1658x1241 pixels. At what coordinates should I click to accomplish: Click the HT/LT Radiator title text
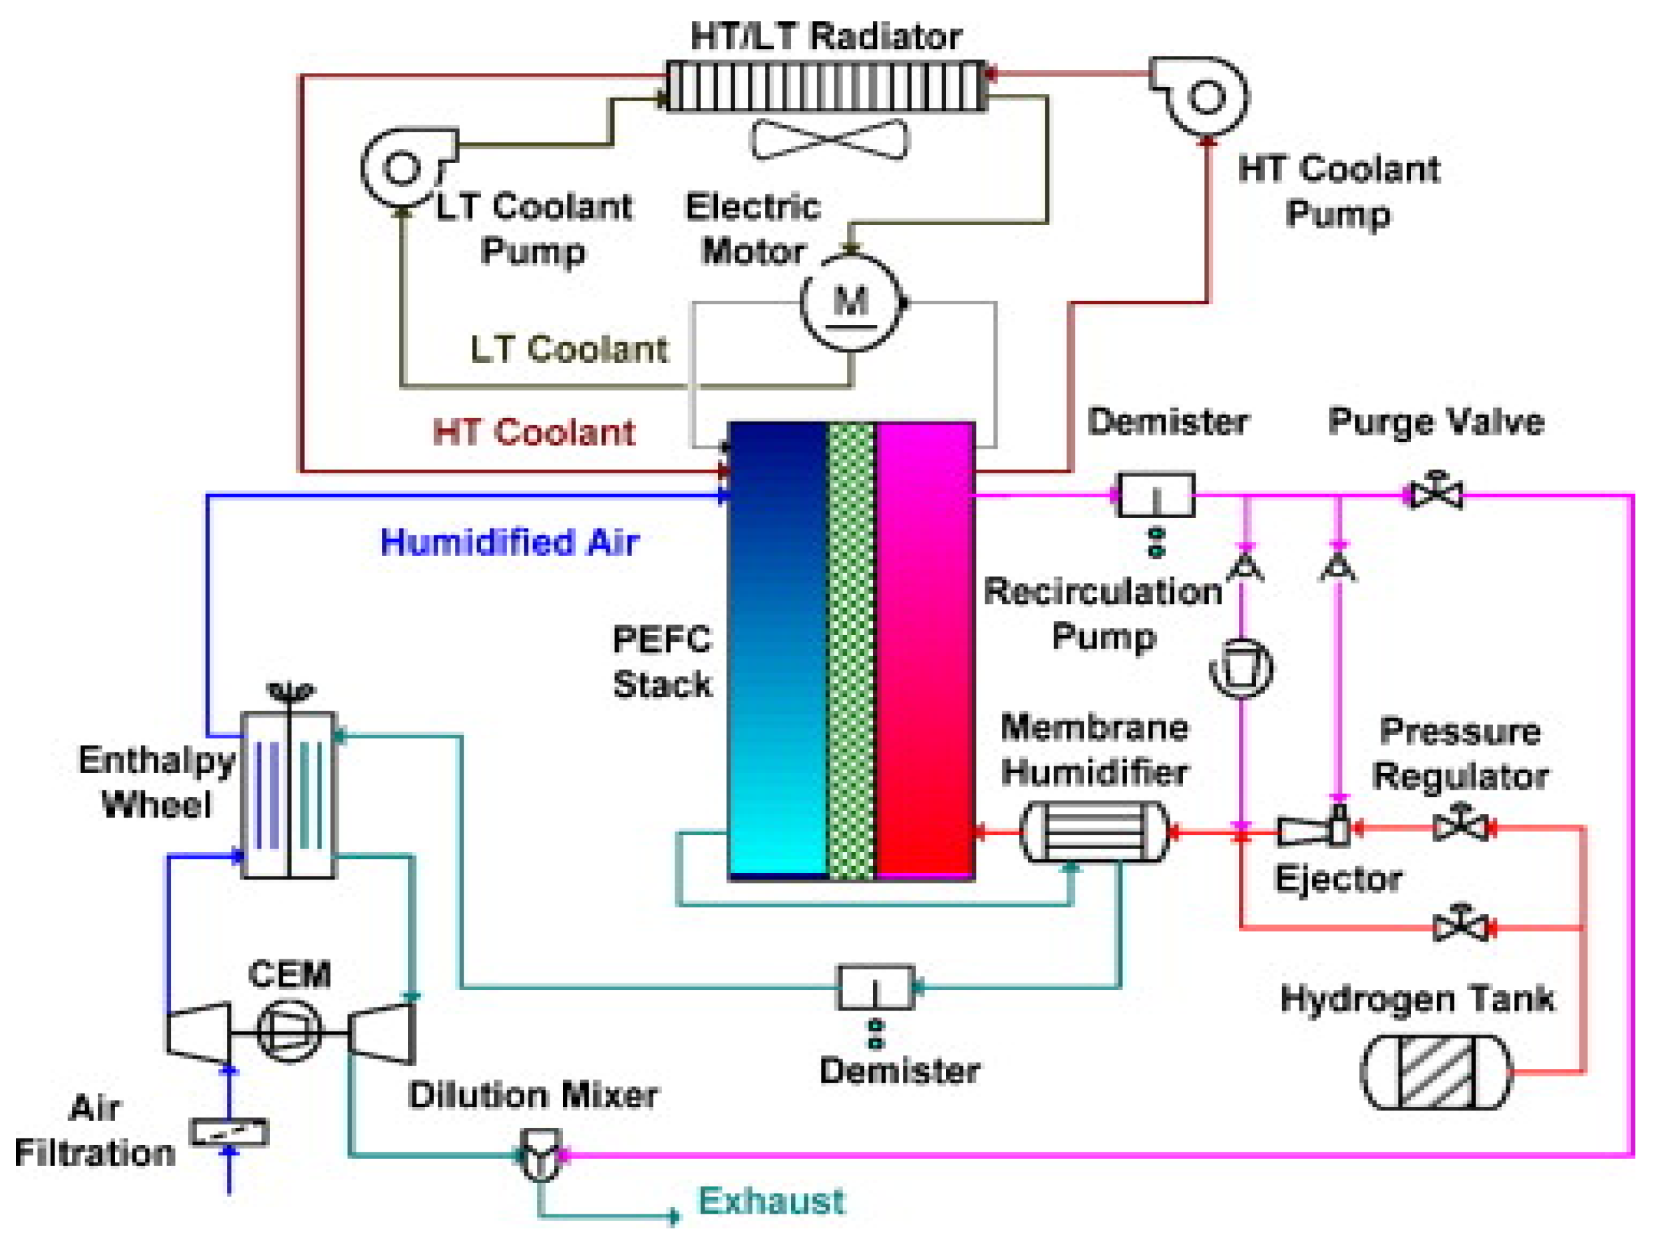825,36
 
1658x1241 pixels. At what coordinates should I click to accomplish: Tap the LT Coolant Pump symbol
403,167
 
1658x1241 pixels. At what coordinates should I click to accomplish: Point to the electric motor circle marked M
851,303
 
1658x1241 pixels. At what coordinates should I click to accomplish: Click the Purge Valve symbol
1435,494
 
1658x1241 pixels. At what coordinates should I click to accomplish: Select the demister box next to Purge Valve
1155,495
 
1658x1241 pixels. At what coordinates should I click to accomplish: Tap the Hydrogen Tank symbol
1435,1073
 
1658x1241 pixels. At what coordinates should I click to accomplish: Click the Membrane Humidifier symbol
1094,832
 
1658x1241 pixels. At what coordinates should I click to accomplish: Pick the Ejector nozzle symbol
1312,830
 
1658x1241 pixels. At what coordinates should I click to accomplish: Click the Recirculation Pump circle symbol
1242,666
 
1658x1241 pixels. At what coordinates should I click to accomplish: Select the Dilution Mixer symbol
540,1154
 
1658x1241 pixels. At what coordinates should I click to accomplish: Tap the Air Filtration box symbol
230,1132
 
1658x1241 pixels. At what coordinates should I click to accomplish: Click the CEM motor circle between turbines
289,1032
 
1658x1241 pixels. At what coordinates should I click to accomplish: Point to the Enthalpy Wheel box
289,795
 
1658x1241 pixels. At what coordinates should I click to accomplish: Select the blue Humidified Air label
510,542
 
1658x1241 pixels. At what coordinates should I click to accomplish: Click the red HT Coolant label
534,432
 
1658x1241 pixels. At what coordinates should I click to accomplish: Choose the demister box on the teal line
875,987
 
